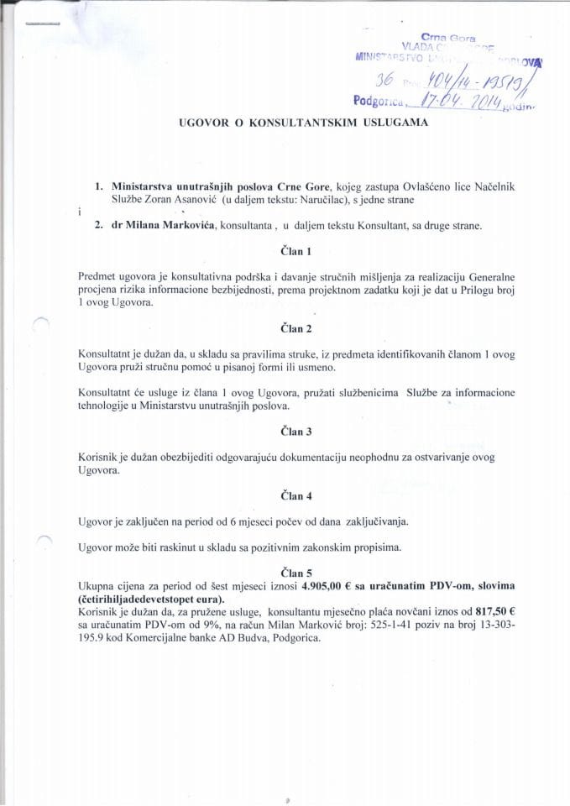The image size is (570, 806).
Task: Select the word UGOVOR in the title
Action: [201, 123]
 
